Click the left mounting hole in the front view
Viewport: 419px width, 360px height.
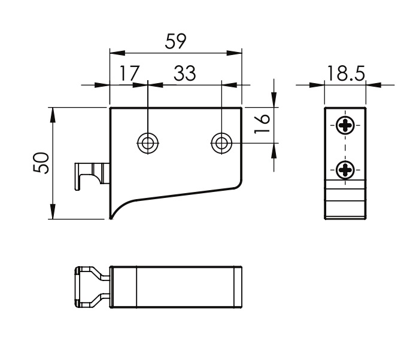coord(147,143)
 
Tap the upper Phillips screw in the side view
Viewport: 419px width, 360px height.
coord(345,126)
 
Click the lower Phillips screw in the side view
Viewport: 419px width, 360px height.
coord(345,170)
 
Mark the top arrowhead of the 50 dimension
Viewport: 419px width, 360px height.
coord(53,114)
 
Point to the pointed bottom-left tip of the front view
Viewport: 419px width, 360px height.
coord(111,217)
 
